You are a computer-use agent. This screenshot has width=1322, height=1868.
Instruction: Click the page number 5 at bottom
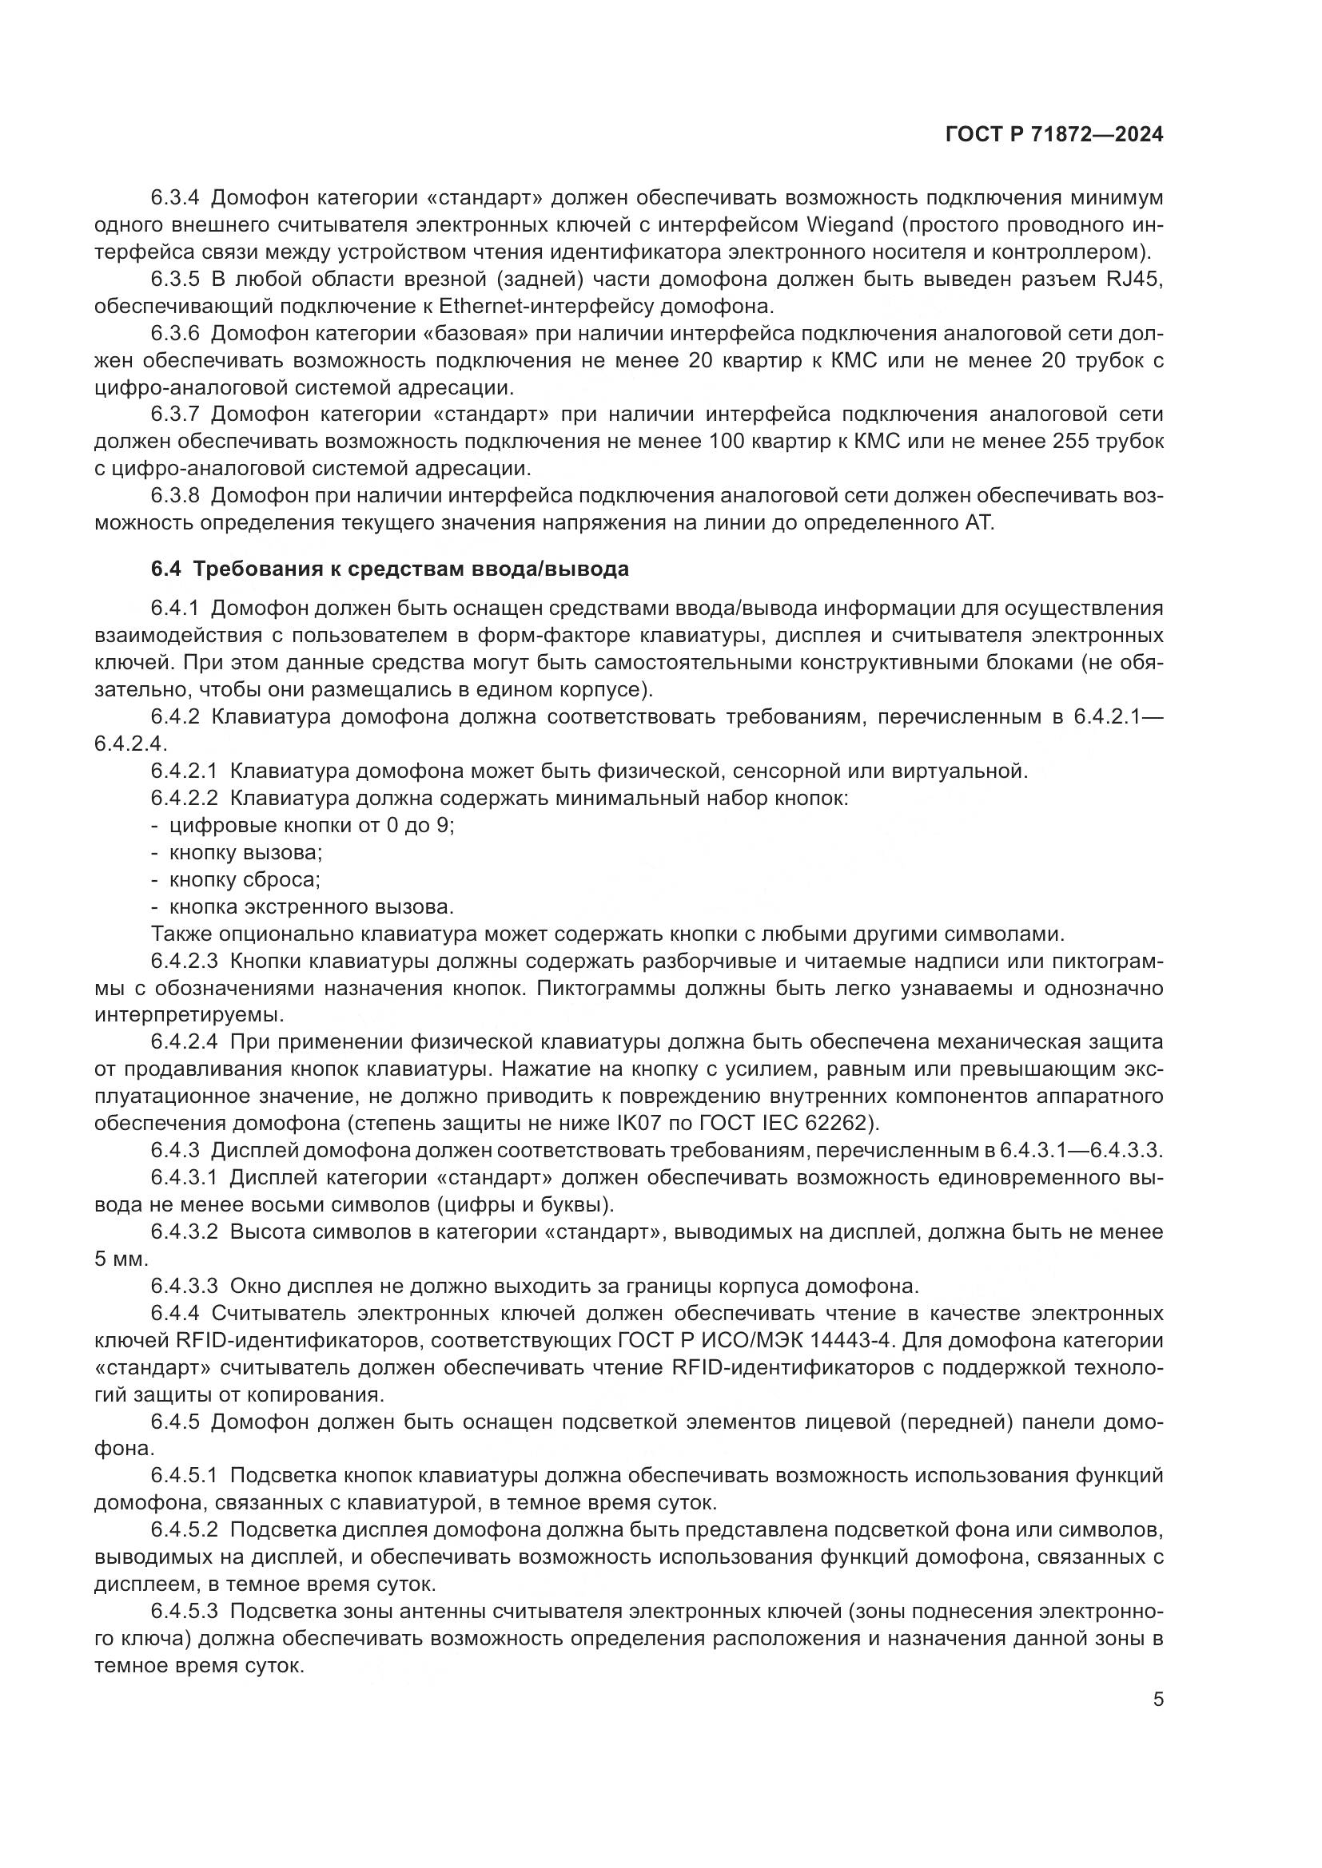coord(1157,1699)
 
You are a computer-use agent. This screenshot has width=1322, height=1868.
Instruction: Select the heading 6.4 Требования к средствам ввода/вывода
coord(390,569)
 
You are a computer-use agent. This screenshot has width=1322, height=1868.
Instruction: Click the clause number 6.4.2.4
coord(183,1041)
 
